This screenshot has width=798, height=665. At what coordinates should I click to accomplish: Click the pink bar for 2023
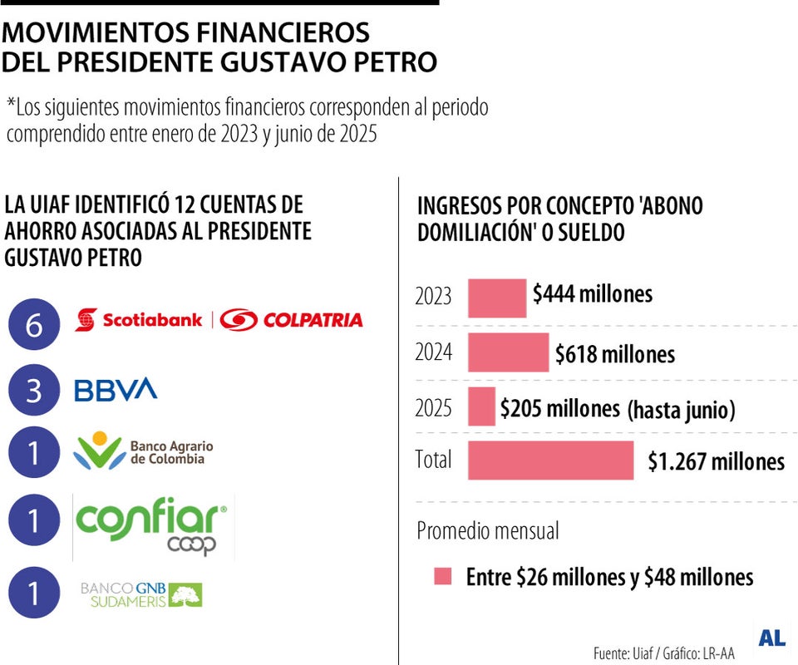[x=497, y=298]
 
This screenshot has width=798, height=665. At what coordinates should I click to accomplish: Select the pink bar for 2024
[x=509, y=352]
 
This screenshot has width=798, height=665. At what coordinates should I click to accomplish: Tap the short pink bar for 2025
[x=481, y=406]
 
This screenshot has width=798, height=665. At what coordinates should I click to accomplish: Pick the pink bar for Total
[x=550, y=460]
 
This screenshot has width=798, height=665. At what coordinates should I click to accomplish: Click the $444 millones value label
[x=593, y=293]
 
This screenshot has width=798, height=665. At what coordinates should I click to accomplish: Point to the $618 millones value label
[x=615, y=355]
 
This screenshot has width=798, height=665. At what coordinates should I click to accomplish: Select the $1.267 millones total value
[x=716, y=461]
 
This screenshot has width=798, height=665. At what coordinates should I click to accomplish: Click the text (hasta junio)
[x=681, y=410]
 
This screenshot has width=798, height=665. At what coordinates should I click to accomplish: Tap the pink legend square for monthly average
[x=443, y=577]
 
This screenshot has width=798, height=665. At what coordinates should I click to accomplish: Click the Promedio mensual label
[x=488, y=530]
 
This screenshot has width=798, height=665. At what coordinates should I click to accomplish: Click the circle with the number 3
[x=34, y=390]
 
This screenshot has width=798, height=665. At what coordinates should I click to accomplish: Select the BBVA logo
[x=116, y=389]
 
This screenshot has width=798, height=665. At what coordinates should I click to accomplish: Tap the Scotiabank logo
[x=139, y=320]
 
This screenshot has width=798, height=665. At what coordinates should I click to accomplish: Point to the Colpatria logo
[x=292, y=320]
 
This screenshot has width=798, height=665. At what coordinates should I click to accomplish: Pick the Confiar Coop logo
[x=152, y=525]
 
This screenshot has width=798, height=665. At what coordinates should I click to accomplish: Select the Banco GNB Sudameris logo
[x=141, y=594]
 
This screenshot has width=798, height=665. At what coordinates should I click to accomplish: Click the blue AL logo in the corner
[x=771, y=638]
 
